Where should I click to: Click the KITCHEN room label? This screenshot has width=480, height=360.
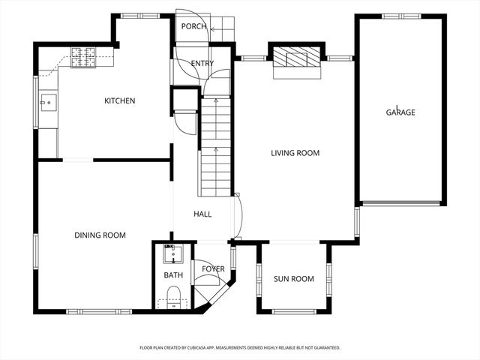click(x=119, y=100)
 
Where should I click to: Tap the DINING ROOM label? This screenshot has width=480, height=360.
click(x=100, y=235)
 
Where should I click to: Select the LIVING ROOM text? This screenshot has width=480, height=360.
click(x=295, y=153)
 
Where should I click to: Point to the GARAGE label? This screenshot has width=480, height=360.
click(x=400, y=112)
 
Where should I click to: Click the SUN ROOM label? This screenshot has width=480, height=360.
click(x=293, y=279)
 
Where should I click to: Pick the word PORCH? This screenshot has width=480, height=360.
click(x=193, y=27)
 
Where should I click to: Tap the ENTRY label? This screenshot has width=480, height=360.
click(x=202, y=64)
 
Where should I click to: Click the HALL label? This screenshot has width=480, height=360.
click(x=202, y=214)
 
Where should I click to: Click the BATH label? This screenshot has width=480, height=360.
click(x=173, y=276)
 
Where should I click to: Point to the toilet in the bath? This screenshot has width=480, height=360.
click(x=173, y=296)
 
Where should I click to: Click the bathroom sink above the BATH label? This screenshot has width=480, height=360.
click(x=173, y=252)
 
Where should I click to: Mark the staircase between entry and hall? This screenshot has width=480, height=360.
click(x=215, y=146)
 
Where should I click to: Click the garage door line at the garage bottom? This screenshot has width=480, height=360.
click(x=400, y=202)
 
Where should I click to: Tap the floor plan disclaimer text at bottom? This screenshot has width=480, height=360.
click(x=240, y=348)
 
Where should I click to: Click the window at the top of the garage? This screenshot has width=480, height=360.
click(x=400, y=16)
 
